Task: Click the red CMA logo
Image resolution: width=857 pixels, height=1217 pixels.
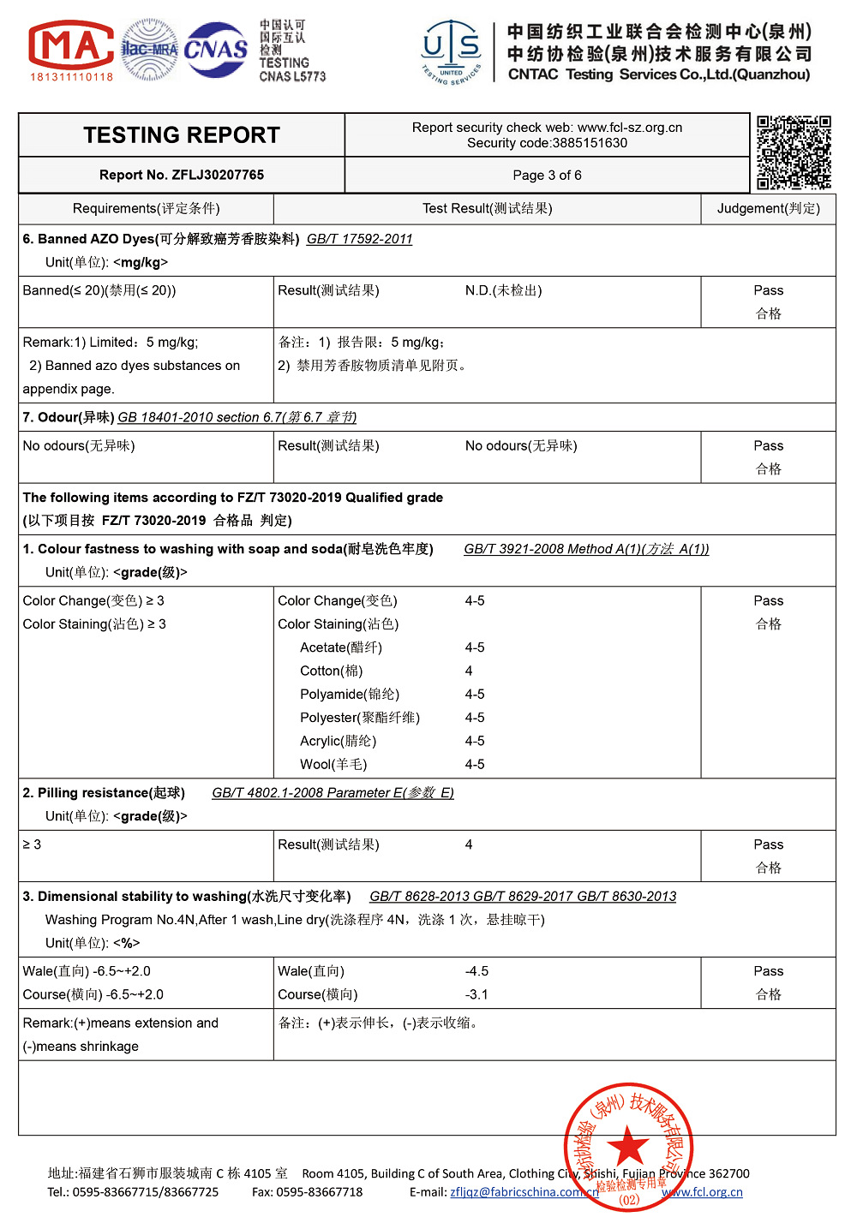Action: tap(72, 47)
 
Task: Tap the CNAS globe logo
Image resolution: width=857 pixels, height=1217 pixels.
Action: tap(216, 50)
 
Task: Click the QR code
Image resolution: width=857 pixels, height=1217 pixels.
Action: tap(794, 152)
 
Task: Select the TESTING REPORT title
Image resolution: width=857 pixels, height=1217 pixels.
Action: tap(182, 135)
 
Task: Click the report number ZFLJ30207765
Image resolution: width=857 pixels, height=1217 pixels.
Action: tap(218, 175)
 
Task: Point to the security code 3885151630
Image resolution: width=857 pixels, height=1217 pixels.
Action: tap(590, 143)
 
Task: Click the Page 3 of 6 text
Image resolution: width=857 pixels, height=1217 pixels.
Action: tap(547, 175)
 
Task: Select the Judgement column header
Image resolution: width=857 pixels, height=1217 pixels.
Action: tap(768, 208)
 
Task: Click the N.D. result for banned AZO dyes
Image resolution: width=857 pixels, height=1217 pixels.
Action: tap(503, 290)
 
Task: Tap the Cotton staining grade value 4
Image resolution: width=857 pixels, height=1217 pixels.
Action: tap(469, 671)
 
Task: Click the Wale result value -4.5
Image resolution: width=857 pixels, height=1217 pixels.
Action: tap(476, 971)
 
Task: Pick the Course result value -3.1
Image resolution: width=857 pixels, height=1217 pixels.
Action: tap(476, 994)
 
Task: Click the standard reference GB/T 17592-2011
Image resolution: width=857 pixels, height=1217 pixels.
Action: tap(359, 239)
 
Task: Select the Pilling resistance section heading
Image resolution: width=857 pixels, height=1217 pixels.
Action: tap(104, 793)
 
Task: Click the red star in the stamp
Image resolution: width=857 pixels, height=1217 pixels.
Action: tap(628, 1146)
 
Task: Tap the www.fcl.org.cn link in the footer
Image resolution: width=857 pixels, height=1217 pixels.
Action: tap(702, 1192)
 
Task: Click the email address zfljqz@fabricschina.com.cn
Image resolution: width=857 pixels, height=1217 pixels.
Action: tap(524, 1192)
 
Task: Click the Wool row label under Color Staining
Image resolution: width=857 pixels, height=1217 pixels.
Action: tap(333, 764)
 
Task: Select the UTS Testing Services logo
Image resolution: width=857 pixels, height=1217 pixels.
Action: tap(452, 51)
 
